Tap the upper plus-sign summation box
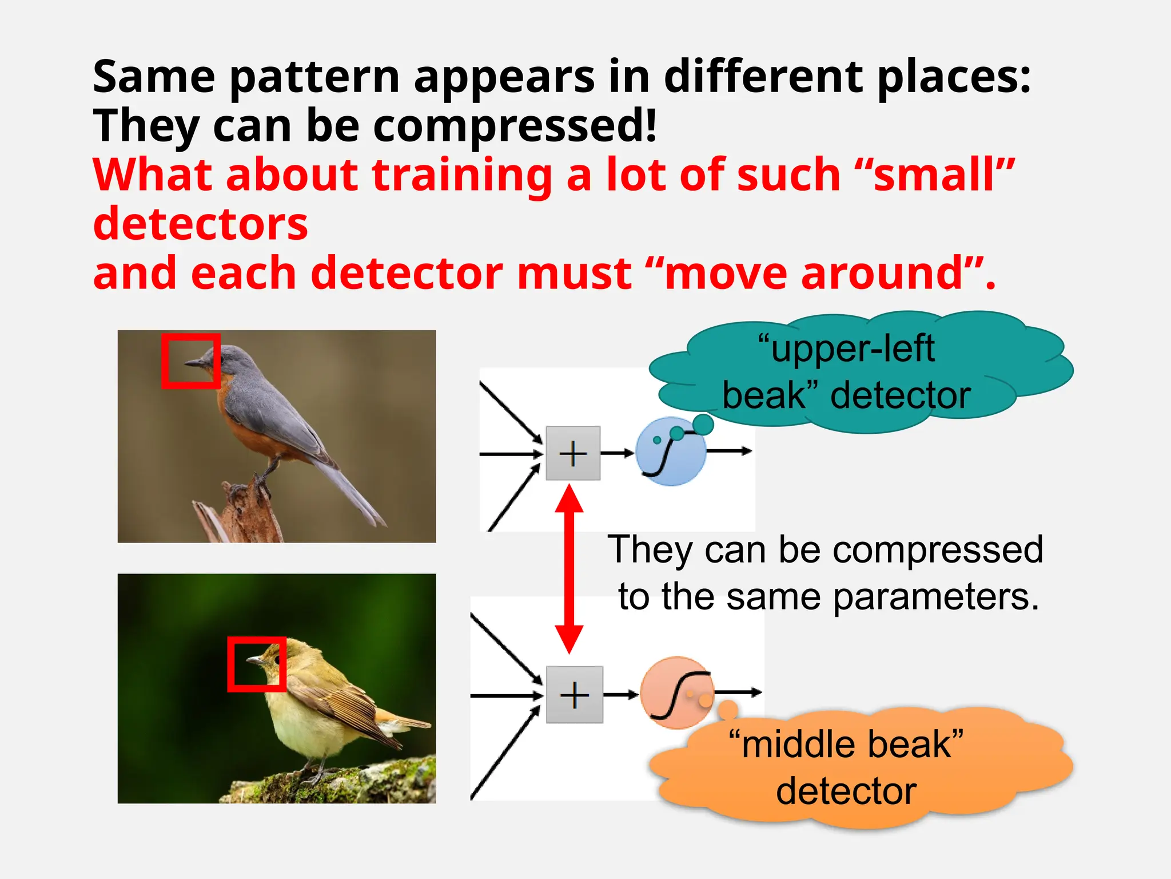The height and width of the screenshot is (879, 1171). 573,453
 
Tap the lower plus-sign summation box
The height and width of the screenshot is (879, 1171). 574,695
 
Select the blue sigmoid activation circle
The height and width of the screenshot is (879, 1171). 670,452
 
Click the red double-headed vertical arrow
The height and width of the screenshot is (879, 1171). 569,569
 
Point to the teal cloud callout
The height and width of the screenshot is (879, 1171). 858,372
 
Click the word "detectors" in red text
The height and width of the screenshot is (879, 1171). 200,224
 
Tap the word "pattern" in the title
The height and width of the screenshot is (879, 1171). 314,77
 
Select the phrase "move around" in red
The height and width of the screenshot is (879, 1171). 812,274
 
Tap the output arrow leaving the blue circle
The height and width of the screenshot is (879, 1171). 729,452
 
